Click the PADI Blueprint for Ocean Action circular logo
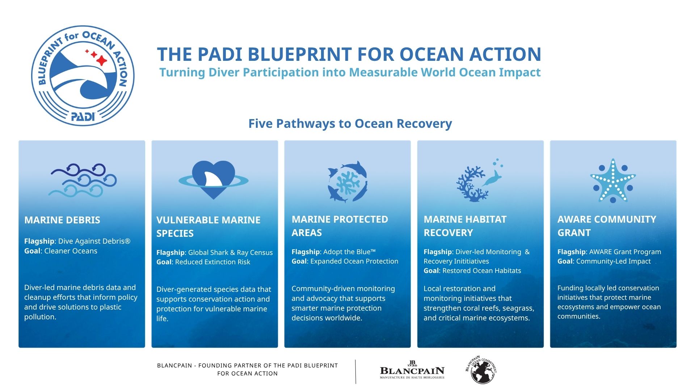83,76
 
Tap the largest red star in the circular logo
102,60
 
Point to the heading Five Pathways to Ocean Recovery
350,123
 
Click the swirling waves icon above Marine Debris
83,180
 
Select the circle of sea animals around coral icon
347,181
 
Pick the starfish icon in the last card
613,180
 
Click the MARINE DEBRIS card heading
62,220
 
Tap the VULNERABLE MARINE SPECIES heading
208,227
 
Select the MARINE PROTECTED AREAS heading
340,226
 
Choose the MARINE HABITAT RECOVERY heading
465,226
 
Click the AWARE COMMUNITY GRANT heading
607,226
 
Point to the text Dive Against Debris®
94,241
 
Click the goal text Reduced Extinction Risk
212,262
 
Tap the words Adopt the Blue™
349,252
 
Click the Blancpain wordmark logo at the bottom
412,370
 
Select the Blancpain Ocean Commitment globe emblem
481,370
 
